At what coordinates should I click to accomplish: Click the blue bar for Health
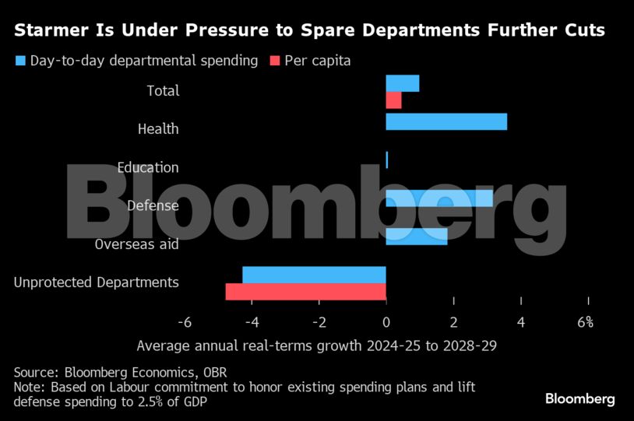(446, 122)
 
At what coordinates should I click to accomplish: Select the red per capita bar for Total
(393, 100)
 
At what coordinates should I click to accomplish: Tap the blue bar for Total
(403, 83)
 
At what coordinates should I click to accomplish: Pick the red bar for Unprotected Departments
(305, 291)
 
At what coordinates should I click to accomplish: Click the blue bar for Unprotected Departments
(314, 275)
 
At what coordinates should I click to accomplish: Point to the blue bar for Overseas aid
(417, 237)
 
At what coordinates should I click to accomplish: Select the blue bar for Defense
(439, 198)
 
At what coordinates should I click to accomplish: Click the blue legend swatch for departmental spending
(20, 61)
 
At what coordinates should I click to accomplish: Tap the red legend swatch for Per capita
(273, 61)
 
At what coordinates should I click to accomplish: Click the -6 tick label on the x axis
(185, 322)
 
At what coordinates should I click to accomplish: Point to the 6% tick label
(586, 322)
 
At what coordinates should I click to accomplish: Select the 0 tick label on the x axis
(386, 322)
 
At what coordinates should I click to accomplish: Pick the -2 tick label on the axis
(319, 322)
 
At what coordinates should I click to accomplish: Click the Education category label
(148, 167)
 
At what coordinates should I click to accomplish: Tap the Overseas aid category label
(137, 244)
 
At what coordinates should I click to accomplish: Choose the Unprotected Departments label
(97, 282)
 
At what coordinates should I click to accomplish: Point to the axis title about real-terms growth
(316, 346)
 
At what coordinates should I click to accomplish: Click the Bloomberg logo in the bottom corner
(579, 399)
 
